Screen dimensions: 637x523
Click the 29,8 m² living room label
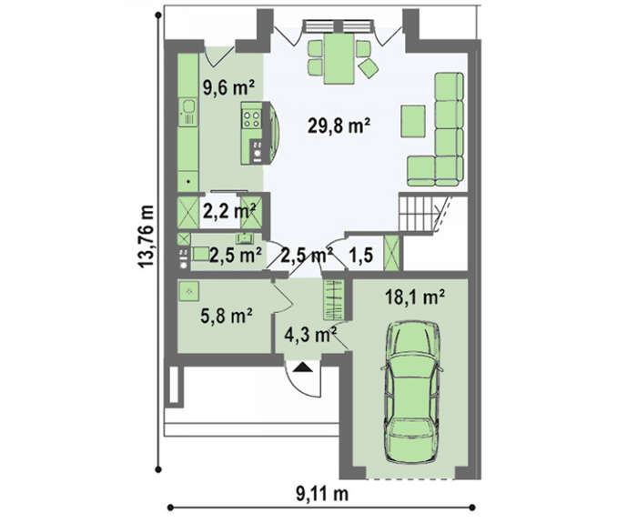click(x=339, y=126)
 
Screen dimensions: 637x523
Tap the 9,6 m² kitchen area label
click(x=228, y=87)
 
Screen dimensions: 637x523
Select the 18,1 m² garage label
click(x=414, y=297)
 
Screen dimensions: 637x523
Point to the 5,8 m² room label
click(x=227, y=316)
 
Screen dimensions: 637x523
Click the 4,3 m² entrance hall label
click(x=310, y=335)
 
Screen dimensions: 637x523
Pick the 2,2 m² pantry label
click(x=229, y=211)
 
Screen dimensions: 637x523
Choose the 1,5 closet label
click(x=361, y=256)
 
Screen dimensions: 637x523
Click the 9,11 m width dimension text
click(x=322, y=494)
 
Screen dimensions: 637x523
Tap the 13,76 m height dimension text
click(x=146, y=236)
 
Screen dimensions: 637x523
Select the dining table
click(x=339, y=58)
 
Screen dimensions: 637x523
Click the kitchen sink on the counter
click(x=188, y=111)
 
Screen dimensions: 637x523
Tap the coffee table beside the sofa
click(x=413, y=121)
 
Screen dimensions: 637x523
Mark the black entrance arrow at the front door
click(x=302, y=367)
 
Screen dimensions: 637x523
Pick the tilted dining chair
click(x=369, y=68)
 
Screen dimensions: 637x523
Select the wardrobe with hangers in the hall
click(x=334, y=299)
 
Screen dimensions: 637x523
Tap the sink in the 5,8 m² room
click(x=188, y=291)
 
